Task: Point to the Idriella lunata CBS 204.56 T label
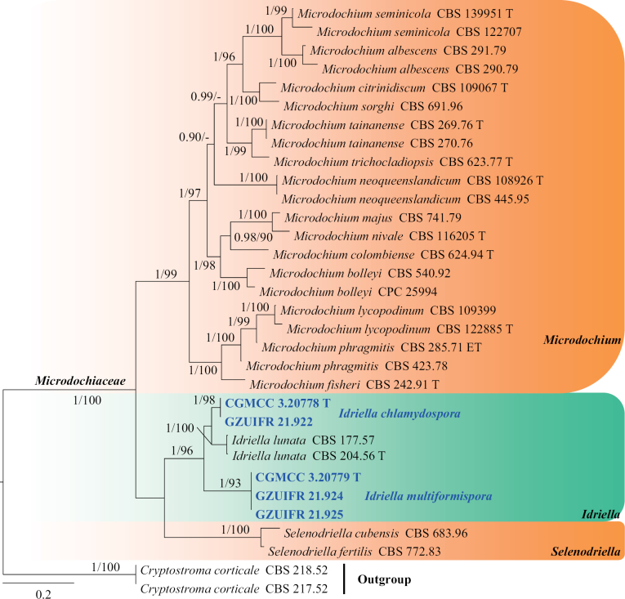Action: [304, 456]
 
